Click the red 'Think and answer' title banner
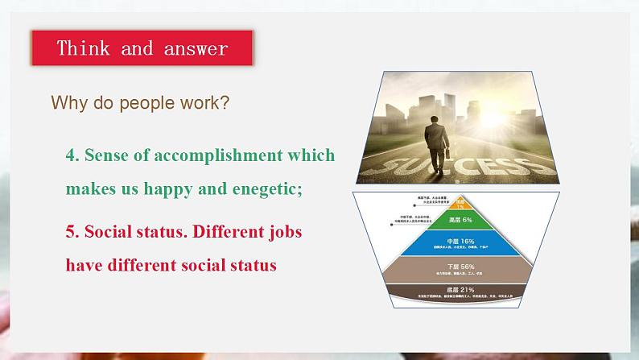(x=142, y=48)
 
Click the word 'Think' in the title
(x=84, y=48)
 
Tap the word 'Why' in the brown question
(x=65, y=103)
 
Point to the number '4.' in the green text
(x=72, y=155)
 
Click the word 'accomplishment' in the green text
(x=219, y=155)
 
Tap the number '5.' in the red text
(x=72, y=232)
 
